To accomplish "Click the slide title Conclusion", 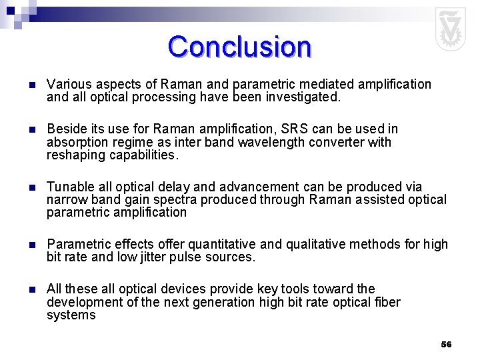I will (239, 47).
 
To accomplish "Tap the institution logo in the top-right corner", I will (450, 29).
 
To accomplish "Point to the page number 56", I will (446, 345).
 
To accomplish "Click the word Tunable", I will (68, 187).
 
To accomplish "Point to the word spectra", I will (173, 199).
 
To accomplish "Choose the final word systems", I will (71, 315).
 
